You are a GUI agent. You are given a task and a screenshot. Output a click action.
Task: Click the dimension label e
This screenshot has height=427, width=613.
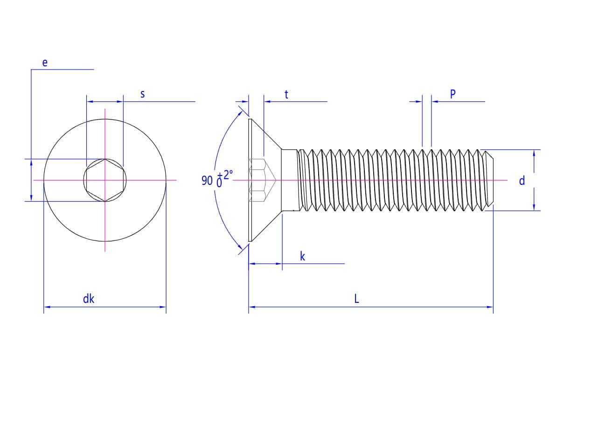pyautogui.click(x=45, y=63)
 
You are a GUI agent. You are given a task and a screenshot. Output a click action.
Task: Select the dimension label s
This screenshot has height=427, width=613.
pyautogui.click(x=142, y=94)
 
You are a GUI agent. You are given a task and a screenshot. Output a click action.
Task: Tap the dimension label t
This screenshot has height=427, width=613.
pyautogui.click(x=286, y=94)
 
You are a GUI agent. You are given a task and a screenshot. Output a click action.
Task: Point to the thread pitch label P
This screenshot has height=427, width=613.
pyautogui.click(x=453, y=94)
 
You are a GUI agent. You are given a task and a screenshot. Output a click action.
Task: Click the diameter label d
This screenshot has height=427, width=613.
pyautogui.click(x=522, y=181)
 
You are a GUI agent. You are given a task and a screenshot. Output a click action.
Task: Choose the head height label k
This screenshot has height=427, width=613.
pyautogui.click(x=302, y=256)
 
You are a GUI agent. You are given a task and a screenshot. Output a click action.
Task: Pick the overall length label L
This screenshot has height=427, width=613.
pyautogui.click(x=356, y=299)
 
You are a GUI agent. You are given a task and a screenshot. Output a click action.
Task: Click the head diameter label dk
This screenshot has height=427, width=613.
pyautogui.click(x=88, y=299)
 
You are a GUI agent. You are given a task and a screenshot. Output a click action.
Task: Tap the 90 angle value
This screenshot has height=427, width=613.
pyautogui.click(x=207, y=181)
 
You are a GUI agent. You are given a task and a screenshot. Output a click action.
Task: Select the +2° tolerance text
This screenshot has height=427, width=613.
pyautogui.click(x=225, y=175)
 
